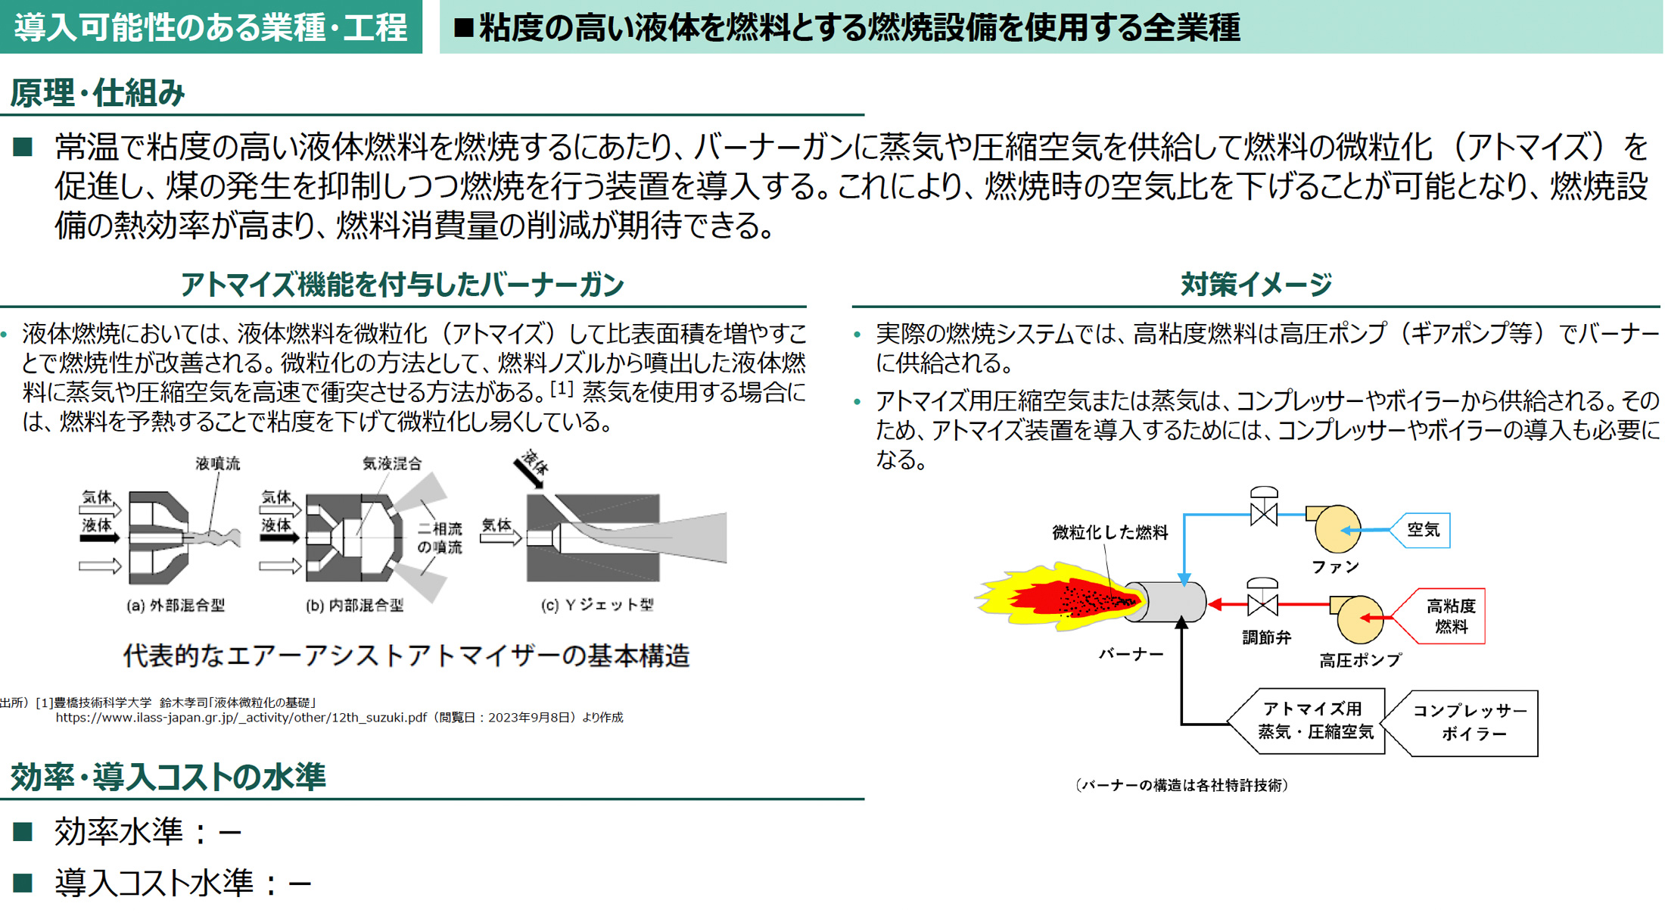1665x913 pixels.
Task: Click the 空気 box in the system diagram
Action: pos(1423,530)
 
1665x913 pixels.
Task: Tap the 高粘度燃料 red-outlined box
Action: pos(1449,616)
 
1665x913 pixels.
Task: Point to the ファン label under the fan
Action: pos(1335,566)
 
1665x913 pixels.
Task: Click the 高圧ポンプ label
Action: pos(1360,660)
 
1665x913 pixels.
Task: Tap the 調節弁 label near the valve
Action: pos(1266,637)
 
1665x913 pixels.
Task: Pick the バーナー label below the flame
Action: pos(1131,654)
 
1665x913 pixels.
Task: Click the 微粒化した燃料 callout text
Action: pos(1109,533)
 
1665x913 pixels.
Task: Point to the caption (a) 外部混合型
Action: pos(176,605)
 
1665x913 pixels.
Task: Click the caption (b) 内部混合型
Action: pos(354,605)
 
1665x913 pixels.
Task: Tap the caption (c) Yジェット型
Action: pos(597,605)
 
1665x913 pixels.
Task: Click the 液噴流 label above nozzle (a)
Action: pos(217,463)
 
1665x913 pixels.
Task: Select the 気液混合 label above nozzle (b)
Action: pos(392,463)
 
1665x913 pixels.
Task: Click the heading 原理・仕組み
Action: pos(98,93)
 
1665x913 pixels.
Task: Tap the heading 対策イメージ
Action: pos(1256,285)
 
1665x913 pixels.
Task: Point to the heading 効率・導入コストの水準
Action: pos(168,777)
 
